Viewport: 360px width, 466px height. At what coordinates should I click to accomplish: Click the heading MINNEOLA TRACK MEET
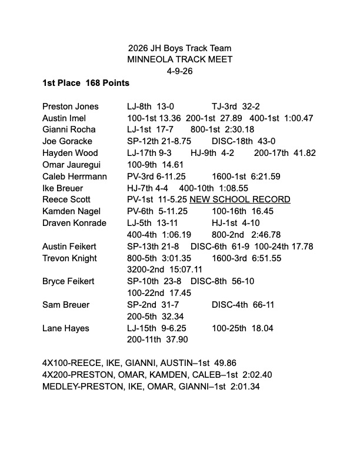[179, 59]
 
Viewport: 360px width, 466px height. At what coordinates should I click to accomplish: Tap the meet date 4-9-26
[179, 71]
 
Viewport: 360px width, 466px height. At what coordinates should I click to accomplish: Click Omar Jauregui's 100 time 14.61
[166, 165]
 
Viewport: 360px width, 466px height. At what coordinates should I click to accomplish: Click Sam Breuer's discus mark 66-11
[263, 305]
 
